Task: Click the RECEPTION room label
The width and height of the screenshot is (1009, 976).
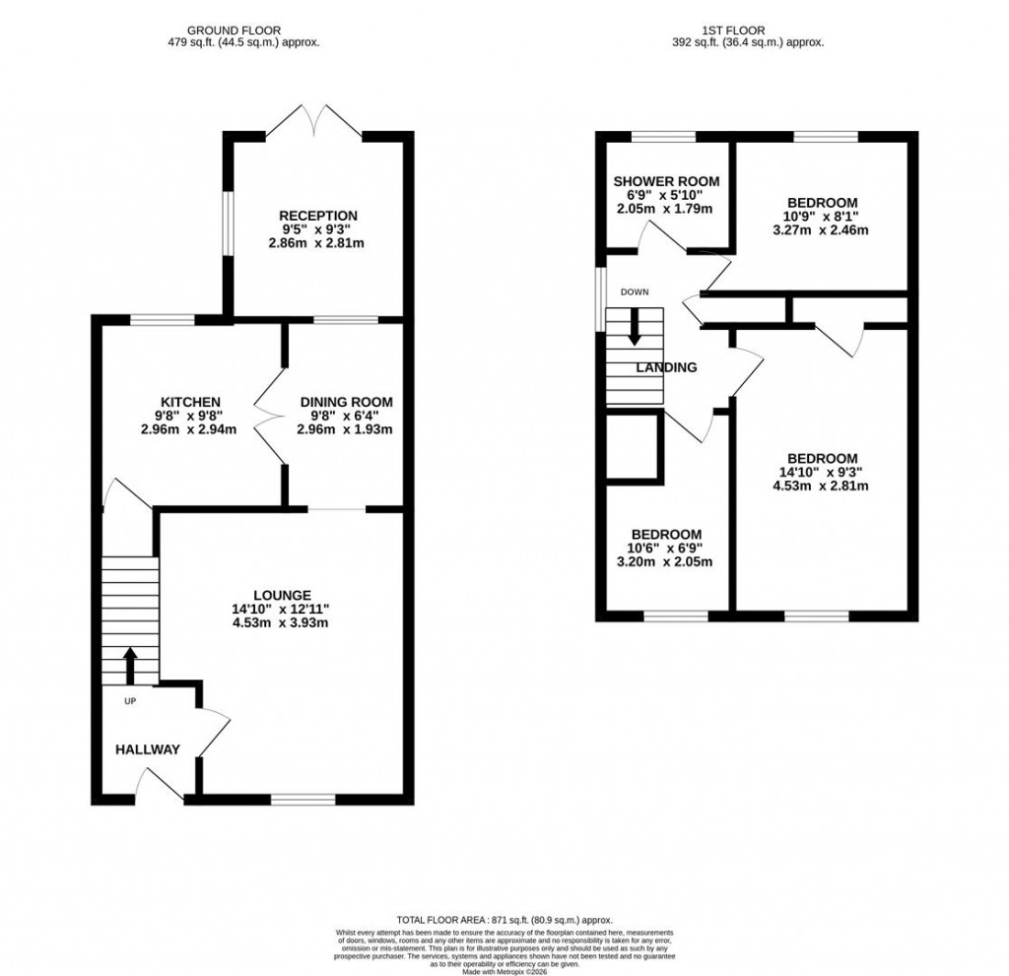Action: coord(317,216)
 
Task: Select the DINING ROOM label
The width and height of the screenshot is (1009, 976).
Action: coord(346,402)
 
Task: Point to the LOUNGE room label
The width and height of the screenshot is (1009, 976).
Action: coord(282,595)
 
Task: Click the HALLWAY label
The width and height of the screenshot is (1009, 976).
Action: coord(148,749)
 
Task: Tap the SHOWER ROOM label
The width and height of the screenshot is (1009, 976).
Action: coord(666,181)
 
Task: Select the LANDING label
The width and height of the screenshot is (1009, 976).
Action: coord(666,367)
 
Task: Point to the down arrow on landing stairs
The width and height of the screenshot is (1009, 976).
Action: coord(634,326)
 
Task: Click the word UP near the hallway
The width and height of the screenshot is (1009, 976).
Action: coord(130,702)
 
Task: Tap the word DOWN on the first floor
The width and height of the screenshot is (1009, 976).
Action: coord(634,292)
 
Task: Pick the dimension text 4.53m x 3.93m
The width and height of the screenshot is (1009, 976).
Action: coord(280,622)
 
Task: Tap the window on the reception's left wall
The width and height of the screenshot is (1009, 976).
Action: coord(227,223)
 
